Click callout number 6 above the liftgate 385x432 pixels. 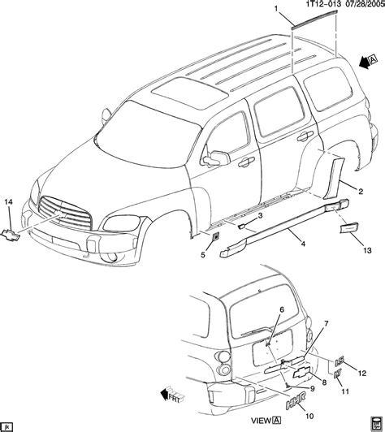[283, 310]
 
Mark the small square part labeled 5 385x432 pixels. [214, 236]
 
